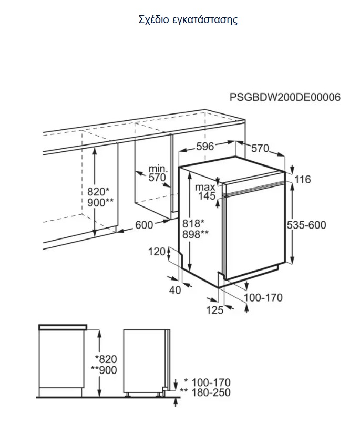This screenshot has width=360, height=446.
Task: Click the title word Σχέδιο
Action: pyautogui.click(x=153, y=20)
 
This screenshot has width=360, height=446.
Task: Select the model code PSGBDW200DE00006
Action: pyautogui.click(x=285, y=97)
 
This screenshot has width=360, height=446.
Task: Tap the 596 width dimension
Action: pyautogui.click(x=205, y=146)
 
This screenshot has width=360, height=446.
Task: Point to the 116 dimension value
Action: pyautogui.click(x=303, y=179)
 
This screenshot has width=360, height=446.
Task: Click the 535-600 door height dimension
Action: pyautogui.click(x=306, y=225)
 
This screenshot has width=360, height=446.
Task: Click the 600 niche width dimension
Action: pyautogui.click(x=144, y=225)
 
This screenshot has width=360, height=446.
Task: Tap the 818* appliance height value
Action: pyautogui.click(x=193, y=223)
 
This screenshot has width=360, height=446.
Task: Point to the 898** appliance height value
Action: pyautogui.click(x=195, y=234)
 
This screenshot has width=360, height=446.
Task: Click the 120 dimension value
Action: pyautogui.click(x=157, y=252)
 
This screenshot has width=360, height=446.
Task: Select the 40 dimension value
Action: pyautogui.click(x=175, y=290)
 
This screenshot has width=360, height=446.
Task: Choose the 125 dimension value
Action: pyautogui.click(x=214, y=310)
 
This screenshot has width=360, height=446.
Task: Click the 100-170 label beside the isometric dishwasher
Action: pyautogui.click(x=263, y=297)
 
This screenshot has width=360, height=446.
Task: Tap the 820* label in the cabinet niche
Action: pyautogui.click(x=98, y=192)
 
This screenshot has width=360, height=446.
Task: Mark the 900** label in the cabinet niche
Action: pyautogui.click(x=100, y=203)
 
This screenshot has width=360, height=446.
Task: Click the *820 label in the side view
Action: pyautogui.click(x=106, y=359)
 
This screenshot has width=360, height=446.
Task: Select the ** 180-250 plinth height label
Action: pyautogui.click(x=205, y=392)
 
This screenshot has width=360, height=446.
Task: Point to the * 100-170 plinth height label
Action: pyautogui.click(x=207, y=382)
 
